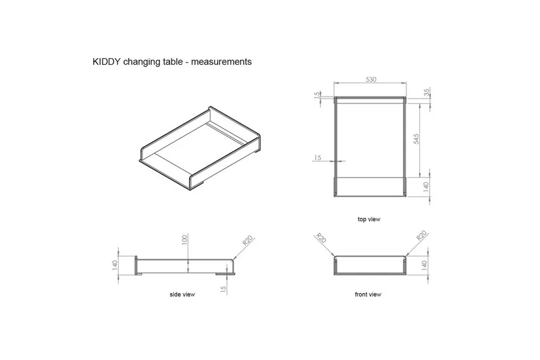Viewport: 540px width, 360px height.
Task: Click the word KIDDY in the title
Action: (107, 61)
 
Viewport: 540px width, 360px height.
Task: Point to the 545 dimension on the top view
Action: (416, 138)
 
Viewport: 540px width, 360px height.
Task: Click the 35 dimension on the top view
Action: (427, 93)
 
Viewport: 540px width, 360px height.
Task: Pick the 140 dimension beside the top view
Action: (427, 187)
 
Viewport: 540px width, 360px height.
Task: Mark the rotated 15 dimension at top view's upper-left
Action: (316, 96)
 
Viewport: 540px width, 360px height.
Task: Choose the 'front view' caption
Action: (368, 295)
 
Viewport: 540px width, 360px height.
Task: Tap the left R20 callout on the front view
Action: (321, 240)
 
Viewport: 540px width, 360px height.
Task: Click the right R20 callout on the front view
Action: (421, 236)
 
